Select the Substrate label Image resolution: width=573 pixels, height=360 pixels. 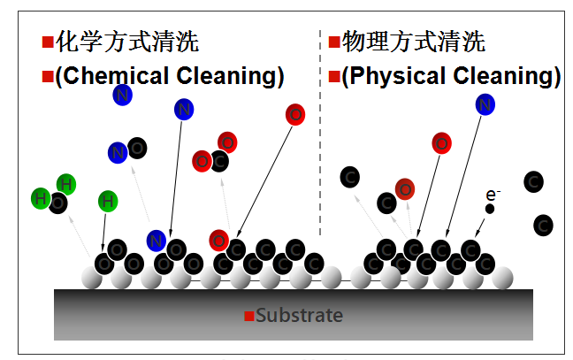(x=299, y=315)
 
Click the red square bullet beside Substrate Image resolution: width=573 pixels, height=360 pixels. (x=249, y=316)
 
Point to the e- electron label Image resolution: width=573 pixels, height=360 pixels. (x=493, y=194)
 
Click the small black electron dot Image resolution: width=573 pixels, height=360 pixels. (x=490, y=209)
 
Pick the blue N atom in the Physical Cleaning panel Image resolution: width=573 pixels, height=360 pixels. (x=485, y=104)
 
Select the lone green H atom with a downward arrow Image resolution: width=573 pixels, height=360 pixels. (x=107, y=201)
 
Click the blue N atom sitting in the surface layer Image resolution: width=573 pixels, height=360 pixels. (x=157, y=240)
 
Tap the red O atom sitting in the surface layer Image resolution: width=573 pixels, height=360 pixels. (x=218, y=240)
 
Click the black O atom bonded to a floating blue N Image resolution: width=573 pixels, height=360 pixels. (x=137, y=147)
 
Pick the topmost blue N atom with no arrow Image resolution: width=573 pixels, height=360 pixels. (x=122, y=96)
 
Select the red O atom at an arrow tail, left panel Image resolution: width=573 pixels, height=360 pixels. (x=295, y=113)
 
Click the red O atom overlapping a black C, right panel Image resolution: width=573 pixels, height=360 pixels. (x=405, y=188)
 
